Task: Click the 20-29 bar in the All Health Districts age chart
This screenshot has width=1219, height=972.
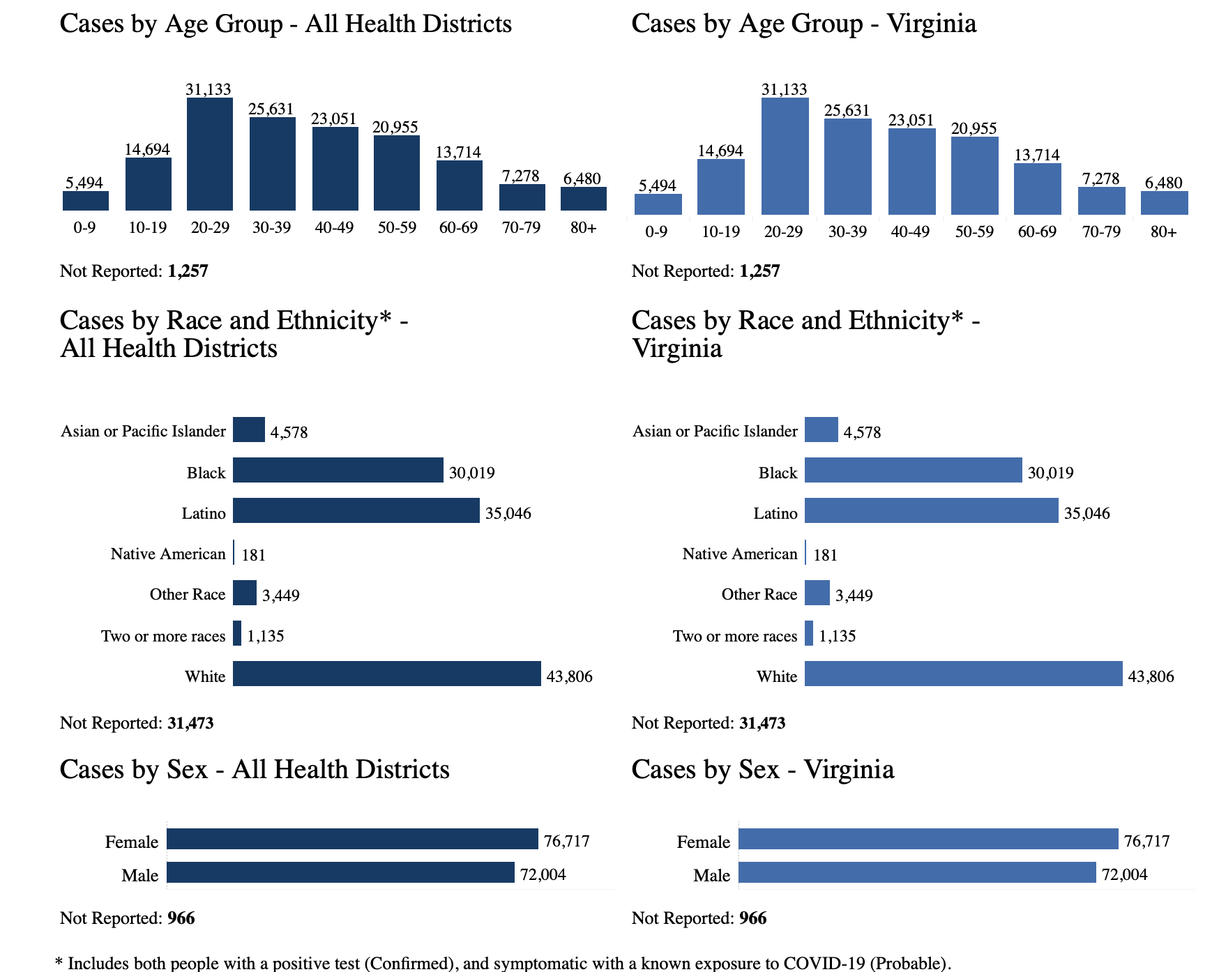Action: tap(210, 154)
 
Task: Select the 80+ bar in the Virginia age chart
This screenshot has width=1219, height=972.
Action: tap(1164, 203)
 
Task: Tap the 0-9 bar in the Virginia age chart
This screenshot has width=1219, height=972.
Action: tap(658, 204)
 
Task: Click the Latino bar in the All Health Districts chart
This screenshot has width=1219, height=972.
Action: tap(356, 510)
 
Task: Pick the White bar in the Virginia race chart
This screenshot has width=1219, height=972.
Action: tap(963, 674)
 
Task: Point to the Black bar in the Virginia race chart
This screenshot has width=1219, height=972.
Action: tap(913, 471)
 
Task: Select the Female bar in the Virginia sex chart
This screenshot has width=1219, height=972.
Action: tap(927, 840)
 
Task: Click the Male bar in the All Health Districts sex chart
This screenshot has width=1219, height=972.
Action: tap(340, 873)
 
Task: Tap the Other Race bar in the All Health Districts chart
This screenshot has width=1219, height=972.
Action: tap(245, 593)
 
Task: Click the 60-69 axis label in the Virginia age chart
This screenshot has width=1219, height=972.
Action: tap(1037, 232)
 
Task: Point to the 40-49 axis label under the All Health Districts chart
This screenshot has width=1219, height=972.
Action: tap(334, 228)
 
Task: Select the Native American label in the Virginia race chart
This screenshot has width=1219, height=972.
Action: tap(739, 554)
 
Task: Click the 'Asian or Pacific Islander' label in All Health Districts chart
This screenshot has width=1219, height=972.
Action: tap(143, 432)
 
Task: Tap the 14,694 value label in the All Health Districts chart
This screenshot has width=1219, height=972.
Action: tap(147, 149)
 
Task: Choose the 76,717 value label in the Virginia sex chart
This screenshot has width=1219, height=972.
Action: tap(1146, 841)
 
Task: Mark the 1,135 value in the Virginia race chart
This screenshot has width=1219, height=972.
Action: tap(837, 636)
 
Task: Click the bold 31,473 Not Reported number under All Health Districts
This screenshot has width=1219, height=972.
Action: tap(190, 723)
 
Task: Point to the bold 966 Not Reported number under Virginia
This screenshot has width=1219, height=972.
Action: tap(752, 918)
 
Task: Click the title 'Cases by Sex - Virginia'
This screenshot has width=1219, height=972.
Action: tap(762, 770)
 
